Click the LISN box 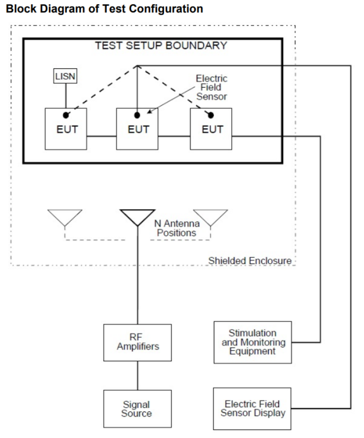pos(66,76)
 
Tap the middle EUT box pos(138,129)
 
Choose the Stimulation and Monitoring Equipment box pos(252,342)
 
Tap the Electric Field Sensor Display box pos(252,408)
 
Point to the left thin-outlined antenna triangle pos(65,217)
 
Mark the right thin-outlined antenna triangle pos(210,217)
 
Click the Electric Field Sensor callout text pos(212,87)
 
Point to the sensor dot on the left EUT pos(67,114)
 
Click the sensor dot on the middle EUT pos(138,114)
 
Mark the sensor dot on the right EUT pos(211,114)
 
